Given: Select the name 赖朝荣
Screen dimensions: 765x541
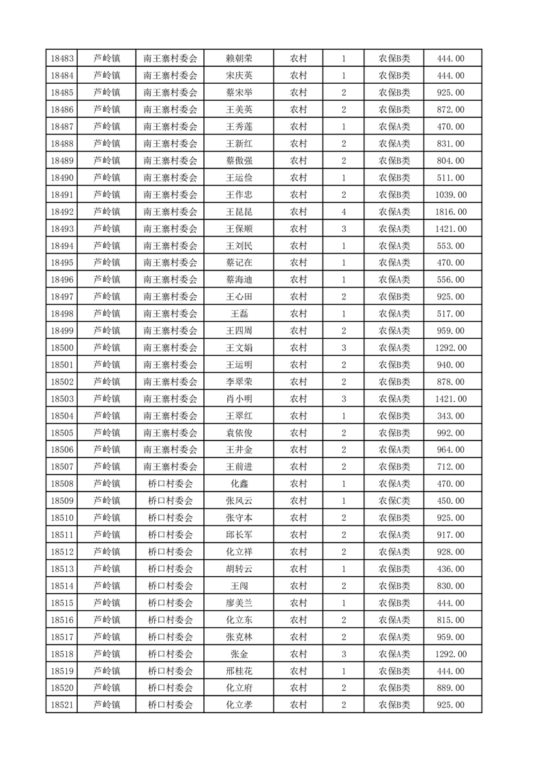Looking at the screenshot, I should coord(239,59).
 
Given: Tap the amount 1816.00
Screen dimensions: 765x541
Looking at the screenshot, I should coord(452,212).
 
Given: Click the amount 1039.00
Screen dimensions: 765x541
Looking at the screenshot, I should coord(452,195).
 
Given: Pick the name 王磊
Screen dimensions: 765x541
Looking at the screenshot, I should coord(239,314).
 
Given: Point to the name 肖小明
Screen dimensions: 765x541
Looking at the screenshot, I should coord(239,399).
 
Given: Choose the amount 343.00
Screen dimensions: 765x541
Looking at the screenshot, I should coord(452,416).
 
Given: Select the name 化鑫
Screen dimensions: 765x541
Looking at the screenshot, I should coord(239,484).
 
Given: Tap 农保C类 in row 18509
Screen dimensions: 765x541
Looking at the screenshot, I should coord(394,501).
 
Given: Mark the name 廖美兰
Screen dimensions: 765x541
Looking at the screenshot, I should coord(239,603).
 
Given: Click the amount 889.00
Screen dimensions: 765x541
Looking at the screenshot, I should coord(452,688).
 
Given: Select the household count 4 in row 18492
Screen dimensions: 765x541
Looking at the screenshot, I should coord(344,212).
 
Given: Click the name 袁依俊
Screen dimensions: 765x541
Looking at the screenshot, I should coord(239,433).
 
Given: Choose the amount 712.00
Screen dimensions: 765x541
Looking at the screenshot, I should coord(452,467).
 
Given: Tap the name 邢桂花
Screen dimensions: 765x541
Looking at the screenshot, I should coord(239,671).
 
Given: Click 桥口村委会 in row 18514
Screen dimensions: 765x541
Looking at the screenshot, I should coord(171,586).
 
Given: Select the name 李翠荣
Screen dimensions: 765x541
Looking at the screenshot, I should coord(239,382).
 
